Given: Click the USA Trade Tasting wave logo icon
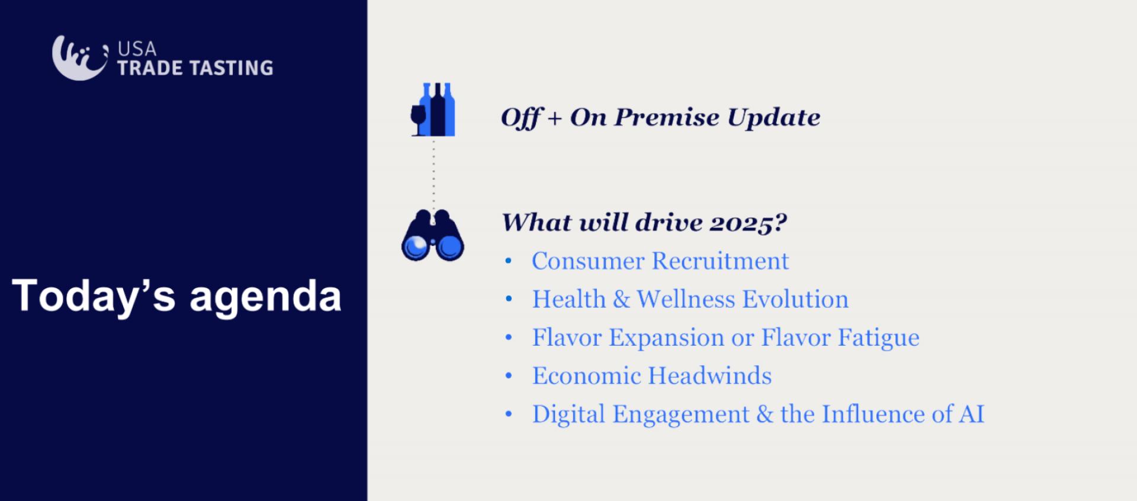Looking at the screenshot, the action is pos(80,58).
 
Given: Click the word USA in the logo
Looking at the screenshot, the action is pos(137,49).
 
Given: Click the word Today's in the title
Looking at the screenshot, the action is pos(94,295).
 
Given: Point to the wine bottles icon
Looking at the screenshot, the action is pos(433,110).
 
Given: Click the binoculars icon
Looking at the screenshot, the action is pos(433,235).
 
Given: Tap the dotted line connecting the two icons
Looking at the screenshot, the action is pos(433,173).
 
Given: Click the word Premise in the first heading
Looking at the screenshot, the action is pos(667,117).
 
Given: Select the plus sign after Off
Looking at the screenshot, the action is pos(555,118).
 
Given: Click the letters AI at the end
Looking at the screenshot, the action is pos(972,414).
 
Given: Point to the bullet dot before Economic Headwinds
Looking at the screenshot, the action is pos(508,375).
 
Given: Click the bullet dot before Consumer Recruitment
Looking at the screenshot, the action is pos(508,261).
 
